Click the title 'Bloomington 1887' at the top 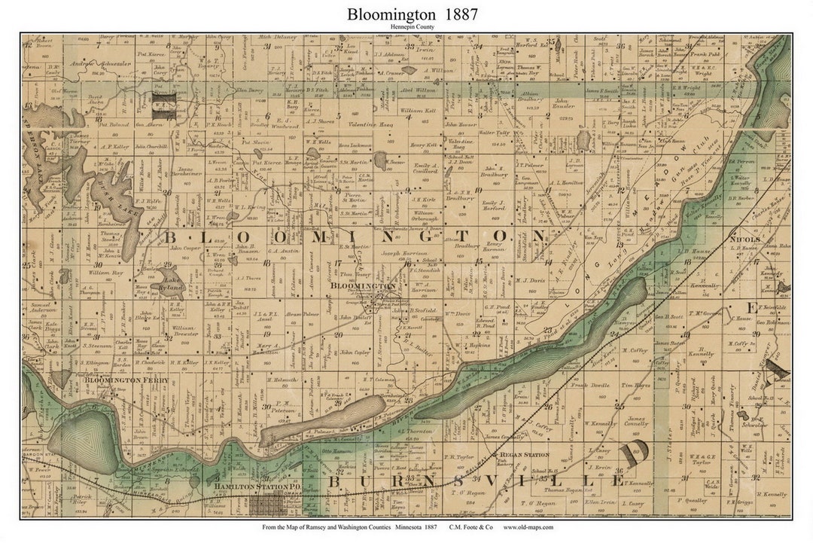pyautogui.click(x=412, y=14)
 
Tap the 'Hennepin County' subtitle pyautogui.click(x=412, y=27)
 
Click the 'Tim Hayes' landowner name pyautogui.click(x=635, y=385)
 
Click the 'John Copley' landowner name pyautogui.click(x=353, y=352)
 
